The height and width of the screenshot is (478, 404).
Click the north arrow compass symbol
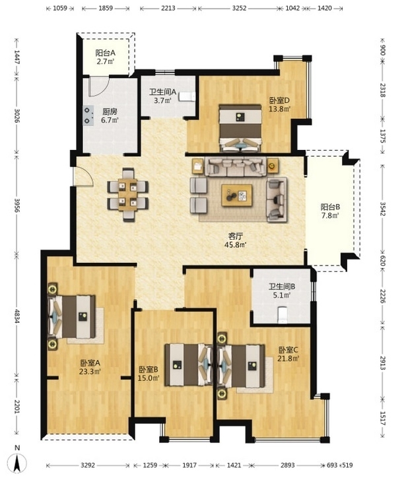pyautogui.click(x=18, y=463)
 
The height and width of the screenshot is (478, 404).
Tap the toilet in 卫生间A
pyautogui.click(x=187, y=96)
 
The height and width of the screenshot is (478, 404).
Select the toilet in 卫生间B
pyautogui.click(x=283, y=315)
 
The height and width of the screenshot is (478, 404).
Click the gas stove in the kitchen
pyautogui.click(x=88, y=116)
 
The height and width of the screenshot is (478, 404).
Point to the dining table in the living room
pyautogui.click(x=128, y=194)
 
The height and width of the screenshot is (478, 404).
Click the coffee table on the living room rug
pyautogui.click(x=236, y=195)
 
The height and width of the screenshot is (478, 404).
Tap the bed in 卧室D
pyautogui.click(x=240, y=128)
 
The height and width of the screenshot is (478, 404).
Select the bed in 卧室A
pyautogui.click(x=71, y=317)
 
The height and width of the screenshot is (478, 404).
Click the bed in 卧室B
pyautogui.click(x=188, y=364)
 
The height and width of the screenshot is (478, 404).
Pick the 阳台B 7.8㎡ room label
pyautogui.click(x=330, y=211)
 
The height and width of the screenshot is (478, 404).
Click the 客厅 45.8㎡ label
pyautogui.click(x=236, y=240)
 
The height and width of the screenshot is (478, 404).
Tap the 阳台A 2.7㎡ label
pyautogui.click(x=105, y=57)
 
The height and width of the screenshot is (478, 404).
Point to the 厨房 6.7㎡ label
pyautogui.click(x=110, y=116)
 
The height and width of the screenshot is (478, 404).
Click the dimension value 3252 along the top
pyautogui.click(x=239, y=8)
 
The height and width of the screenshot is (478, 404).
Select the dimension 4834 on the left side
pyautogui.click(x=17, y=318)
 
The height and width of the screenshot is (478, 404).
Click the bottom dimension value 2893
pyautogui.click(x=288, y=465)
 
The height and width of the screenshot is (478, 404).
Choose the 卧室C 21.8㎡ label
pyautogui.click(x=288, y=354)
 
